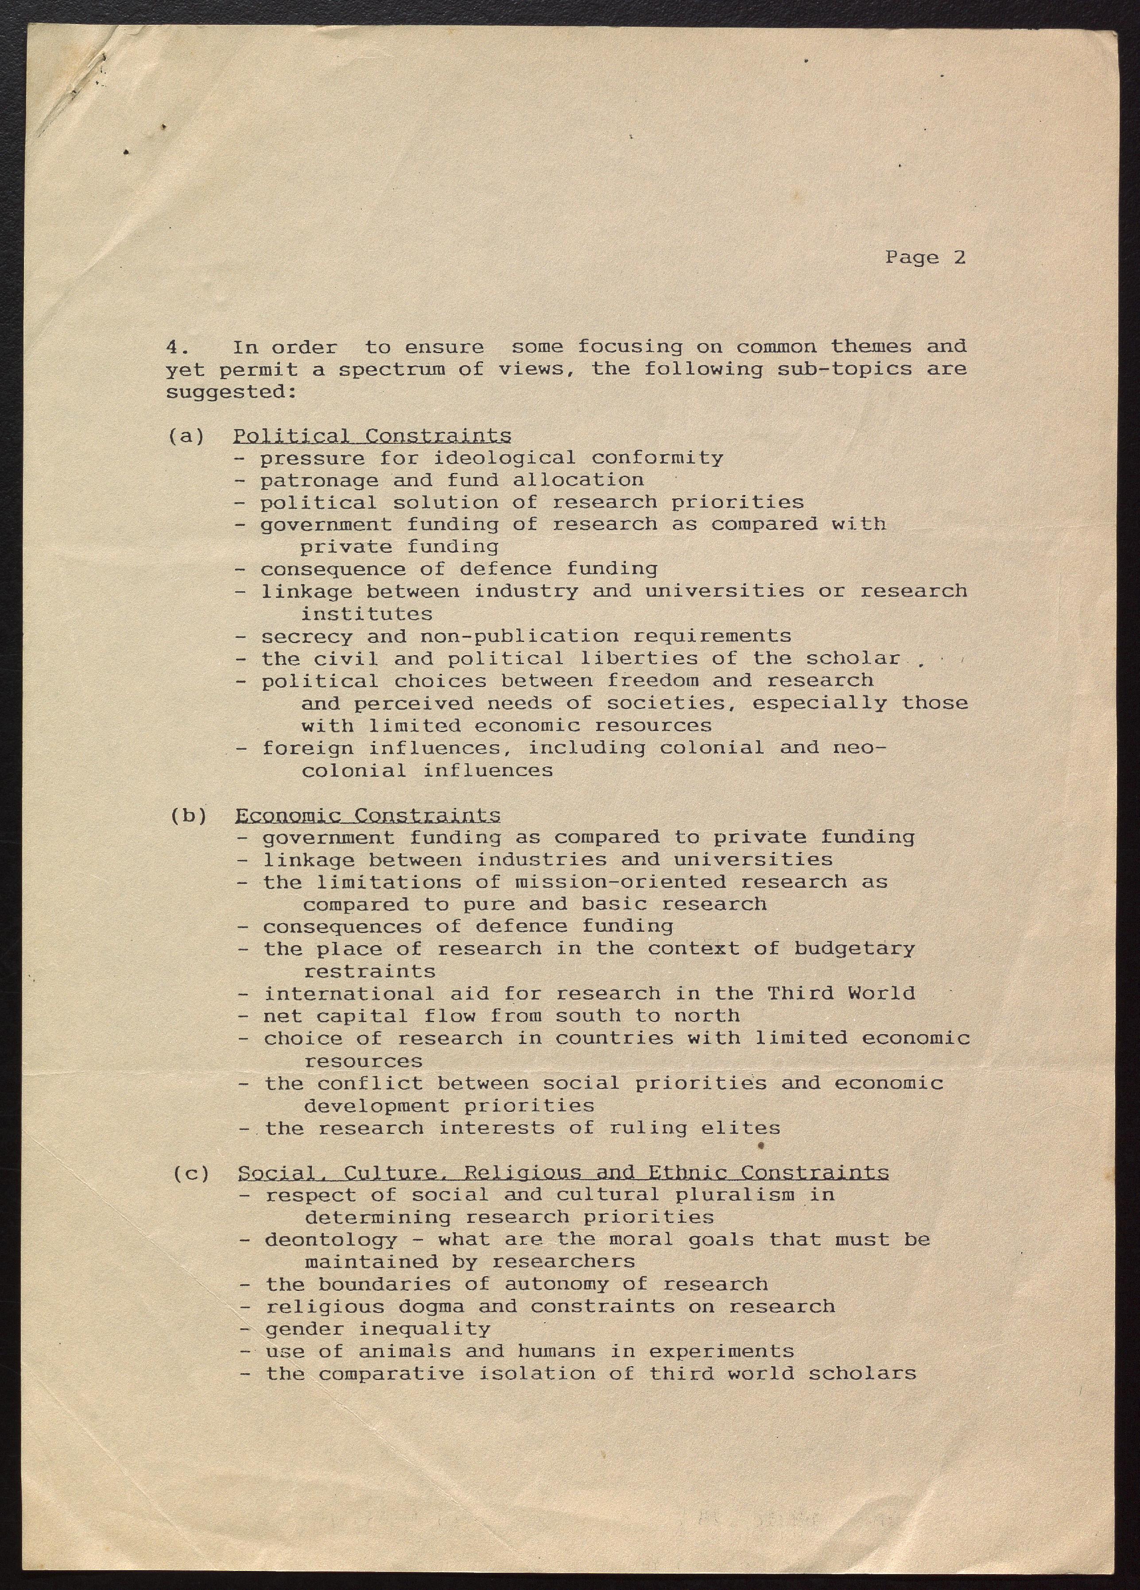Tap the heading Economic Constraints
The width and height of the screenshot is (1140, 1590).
coord(368,815)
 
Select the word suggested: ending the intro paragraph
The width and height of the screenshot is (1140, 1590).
coord(231,392)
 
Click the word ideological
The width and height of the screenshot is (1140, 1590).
coord(504,458)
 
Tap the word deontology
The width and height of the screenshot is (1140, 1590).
coord(331,1240)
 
